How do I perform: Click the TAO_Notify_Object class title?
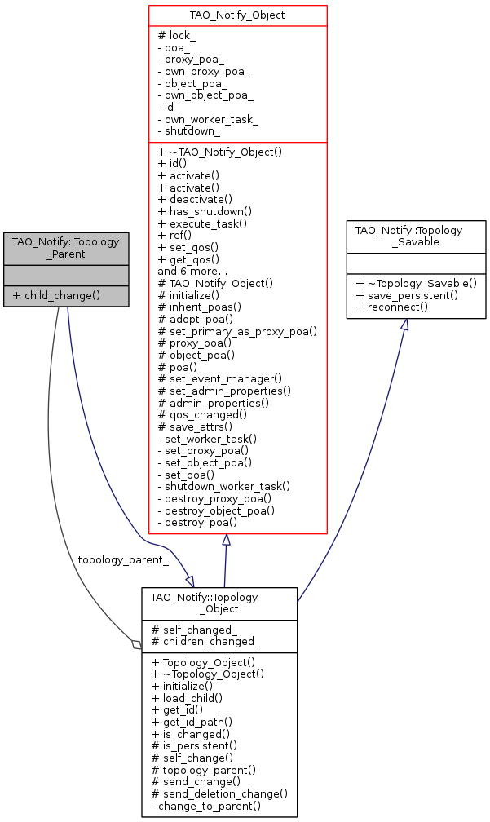tap(237, 15)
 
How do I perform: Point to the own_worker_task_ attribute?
tap(207, 119)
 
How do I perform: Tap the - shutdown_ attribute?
tap(188, 131)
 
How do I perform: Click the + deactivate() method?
tap(194, 198)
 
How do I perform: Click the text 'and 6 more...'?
tap(193, 270)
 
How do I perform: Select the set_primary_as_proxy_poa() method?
tap(236, 331)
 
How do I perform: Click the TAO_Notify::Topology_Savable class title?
tap(416, 236)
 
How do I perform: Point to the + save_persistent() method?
tap(407, 294)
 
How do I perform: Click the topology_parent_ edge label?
tap(122, 559)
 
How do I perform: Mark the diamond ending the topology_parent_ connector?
tap(136, 645)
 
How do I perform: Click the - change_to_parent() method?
tap(206, 806)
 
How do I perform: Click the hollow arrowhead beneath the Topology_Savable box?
tap(404, 325)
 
